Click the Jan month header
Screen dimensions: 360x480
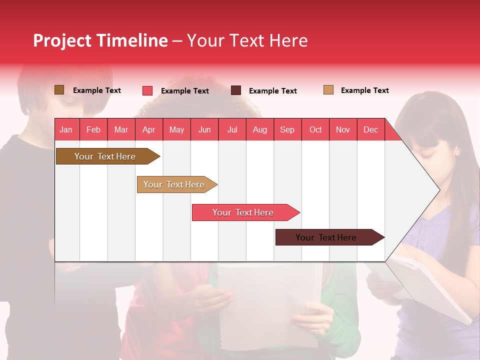coord(66,130)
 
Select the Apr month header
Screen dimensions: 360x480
coord(148,130)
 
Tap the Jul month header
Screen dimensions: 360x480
coord(232,130)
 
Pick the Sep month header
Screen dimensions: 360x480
coord(287,130)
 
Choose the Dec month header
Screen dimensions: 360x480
coord(370,130)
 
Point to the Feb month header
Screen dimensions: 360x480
coord(93,130)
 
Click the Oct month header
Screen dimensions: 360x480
coord(315,130)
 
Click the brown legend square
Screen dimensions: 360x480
coord(59,90)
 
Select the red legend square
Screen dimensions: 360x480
coord(147,90)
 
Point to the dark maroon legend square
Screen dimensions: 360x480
coord(236,90)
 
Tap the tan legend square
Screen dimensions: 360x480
coord(328,90)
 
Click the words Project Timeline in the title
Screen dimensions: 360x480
coord(100,40)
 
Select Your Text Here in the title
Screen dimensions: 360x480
coord(247,40)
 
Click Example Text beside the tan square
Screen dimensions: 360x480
coord(364,90)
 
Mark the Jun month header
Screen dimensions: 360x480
coord(204,130)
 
